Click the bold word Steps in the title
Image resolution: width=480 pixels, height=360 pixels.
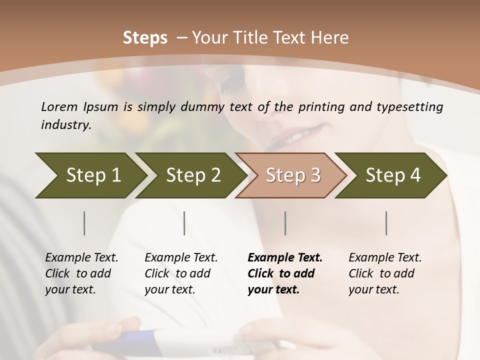(145, 38)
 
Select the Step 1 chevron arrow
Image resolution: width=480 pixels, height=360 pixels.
(90, 175)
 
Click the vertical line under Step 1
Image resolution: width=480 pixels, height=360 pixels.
(84, 223)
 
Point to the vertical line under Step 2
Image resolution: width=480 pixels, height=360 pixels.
(184, 223)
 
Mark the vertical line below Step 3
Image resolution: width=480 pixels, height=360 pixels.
(285, 223)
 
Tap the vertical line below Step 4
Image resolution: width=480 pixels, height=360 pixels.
(386, 223)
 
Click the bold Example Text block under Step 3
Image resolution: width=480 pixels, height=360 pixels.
(285, 273)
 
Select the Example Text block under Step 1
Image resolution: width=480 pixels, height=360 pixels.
(81, 273)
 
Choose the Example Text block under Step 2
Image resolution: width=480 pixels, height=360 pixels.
(181, 273)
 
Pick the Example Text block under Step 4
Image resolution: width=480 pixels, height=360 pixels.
(385, 273)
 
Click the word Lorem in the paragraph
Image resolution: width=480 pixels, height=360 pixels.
(59, 106)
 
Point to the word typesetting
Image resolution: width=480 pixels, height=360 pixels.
(412, 107)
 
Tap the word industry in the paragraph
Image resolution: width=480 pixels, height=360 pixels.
(65, 124)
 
